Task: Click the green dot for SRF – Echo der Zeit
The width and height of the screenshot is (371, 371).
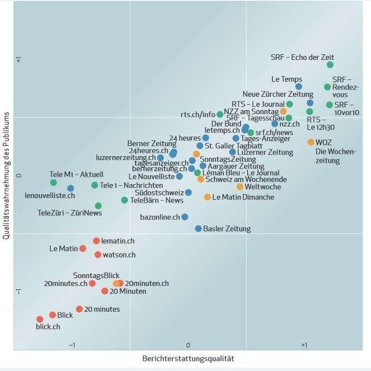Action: point(330,65)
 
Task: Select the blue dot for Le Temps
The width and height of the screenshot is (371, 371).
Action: point(299,86)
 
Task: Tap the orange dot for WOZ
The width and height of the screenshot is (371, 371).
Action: point(311,142)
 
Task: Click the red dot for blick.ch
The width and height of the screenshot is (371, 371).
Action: point(40,319)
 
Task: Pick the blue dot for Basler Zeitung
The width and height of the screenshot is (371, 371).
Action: point(198,228)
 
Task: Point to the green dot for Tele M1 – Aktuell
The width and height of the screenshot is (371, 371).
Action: point(54,182)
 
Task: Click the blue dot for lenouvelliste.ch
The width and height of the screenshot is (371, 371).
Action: point(71,189)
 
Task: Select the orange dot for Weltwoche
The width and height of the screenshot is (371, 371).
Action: point(240,187)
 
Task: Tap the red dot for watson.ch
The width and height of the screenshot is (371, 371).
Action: point(98,255)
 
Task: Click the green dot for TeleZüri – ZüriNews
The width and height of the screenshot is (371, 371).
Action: point(98,206)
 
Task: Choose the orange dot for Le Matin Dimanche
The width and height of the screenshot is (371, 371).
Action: point(208,197)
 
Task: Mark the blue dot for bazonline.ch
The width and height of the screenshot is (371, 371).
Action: point(185,217)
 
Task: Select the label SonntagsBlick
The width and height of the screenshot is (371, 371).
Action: point(96,275)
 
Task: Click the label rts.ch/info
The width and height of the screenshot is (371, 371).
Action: point(198,115)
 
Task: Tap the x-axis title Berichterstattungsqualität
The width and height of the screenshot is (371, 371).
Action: point(187,358)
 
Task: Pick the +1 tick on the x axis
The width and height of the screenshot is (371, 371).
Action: point(304,345)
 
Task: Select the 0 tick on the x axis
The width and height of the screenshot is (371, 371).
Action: point(188,345)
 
